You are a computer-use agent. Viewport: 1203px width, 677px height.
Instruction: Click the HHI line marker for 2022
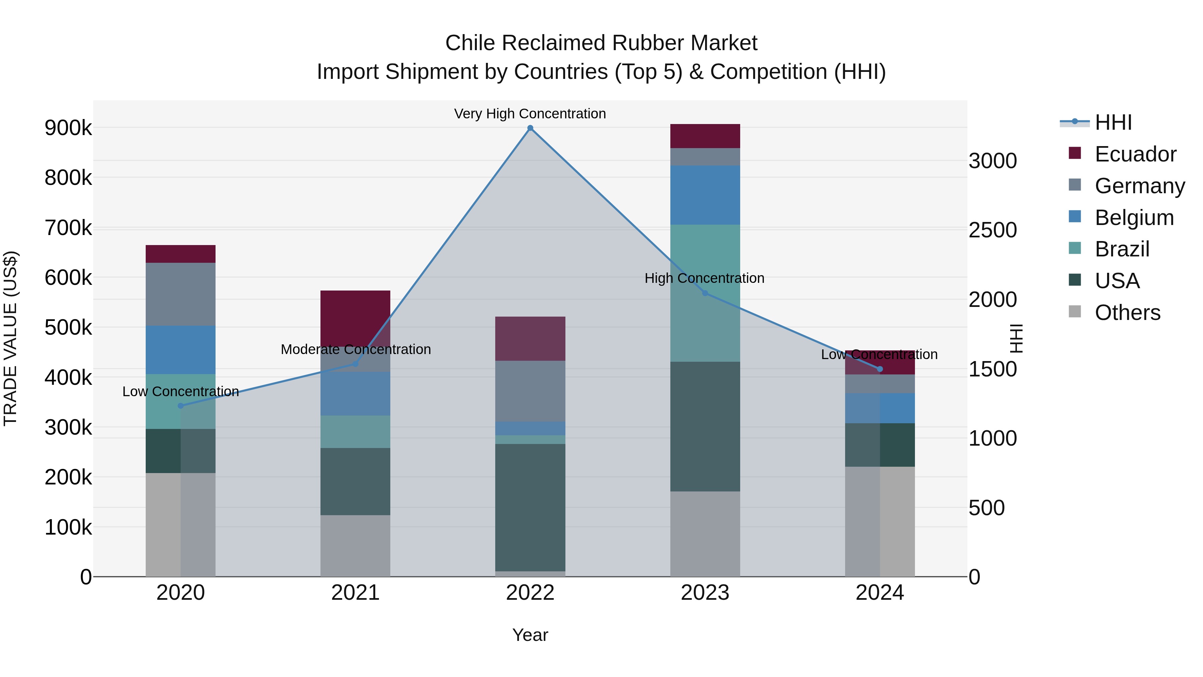[530, 128]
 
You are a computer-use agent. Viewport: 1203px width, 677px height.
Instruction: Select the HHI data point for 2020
[181, 406]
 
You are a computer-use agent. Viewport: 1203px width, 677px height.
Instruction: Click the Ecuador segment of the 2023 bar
[705, 136]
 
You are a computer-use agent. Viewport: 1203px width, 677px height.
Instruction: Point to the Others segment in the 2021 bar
[356, 546]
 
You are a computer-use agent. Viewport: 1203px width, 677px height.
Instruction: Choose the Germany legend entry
[1140, 186]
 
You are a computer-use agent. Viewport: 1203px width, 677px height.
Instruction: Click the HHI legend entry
[1113, 122]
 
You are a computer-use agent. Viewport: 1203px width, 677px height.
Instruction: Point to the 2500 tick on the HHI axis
[992, 230]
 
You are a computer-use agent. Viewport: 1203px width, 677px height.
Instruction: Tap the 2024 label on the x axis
[880, 593]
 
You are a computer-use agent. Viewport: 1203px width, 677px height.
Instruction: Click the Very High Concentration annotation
[530, 114]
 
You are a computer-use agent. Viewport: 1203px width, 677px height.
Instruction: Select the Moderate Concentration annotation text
[356, 349]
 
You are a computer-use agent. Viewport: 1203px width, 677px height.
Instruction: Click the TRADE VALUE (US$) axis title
[10, 338]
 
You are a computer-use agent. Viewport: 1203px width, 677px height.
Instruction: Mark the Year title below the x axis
[530, 635]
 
